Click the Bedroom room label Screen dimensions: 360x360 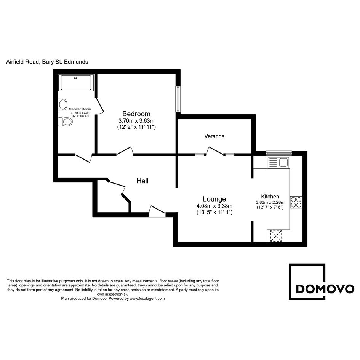coord(136,114)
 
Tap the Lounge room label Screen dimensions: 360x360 coord(214,199)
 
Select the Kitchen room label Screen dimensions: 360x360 coord(270,197)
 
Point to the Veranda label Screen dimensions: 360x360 coord(214,136)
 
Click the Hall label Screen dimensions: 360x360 coord(142,181)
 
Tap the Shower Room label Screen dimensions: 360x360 coord(80,109)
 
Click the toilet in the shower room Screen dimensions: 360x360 coord(66,122)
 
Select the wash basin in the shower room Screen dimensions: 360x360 coord(62,105)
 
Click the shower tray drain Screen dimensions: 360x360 coord(75,78)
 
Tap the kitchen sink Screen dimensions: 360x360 coord(278,162)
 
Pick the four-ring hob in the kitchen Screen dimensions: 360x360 coord(296,202)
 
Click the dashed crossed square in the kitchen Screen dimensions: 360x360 coord(276,235)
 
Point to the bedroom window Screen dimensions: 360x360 coord(178,99)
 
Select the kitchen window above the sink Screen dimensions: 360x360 coord(279,153)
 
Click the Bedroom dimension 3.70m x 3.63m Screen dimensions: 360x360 coord(136,120)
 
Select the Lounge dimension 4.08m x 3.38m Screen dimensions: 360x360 coord(214,206)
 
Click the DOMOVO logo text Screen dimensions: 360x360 coord(325,289)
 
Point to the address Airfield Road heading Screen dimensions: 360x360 coord(47,62)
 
